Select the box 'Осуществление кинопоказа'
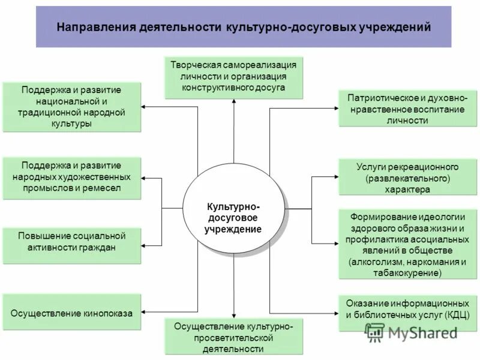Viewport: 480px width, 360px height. pos(72,312)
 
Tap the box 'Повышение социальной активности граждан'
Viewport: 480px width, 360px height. pos(72,245)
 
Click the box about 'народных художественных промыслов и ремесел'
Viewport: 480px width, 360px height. pos(72,178)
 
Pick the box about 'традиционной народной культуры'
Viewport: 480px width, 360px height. pos(72,107)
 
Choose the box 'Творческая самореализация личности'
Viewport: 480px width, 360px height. pos(234,77)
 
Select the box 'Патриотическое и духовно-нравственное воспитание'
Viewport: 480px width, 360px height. pos(408,109)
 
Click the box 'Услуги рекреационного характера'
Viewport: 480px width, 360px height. pos(408,177)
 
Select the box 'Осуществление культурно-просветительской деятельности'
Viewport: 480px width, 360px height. pos(234,337)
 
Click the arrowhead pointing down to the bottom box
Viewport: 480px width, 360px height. pos(234,314)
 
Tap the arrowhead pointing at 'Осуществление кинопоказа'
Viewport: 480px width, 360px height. pos(146,312)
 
